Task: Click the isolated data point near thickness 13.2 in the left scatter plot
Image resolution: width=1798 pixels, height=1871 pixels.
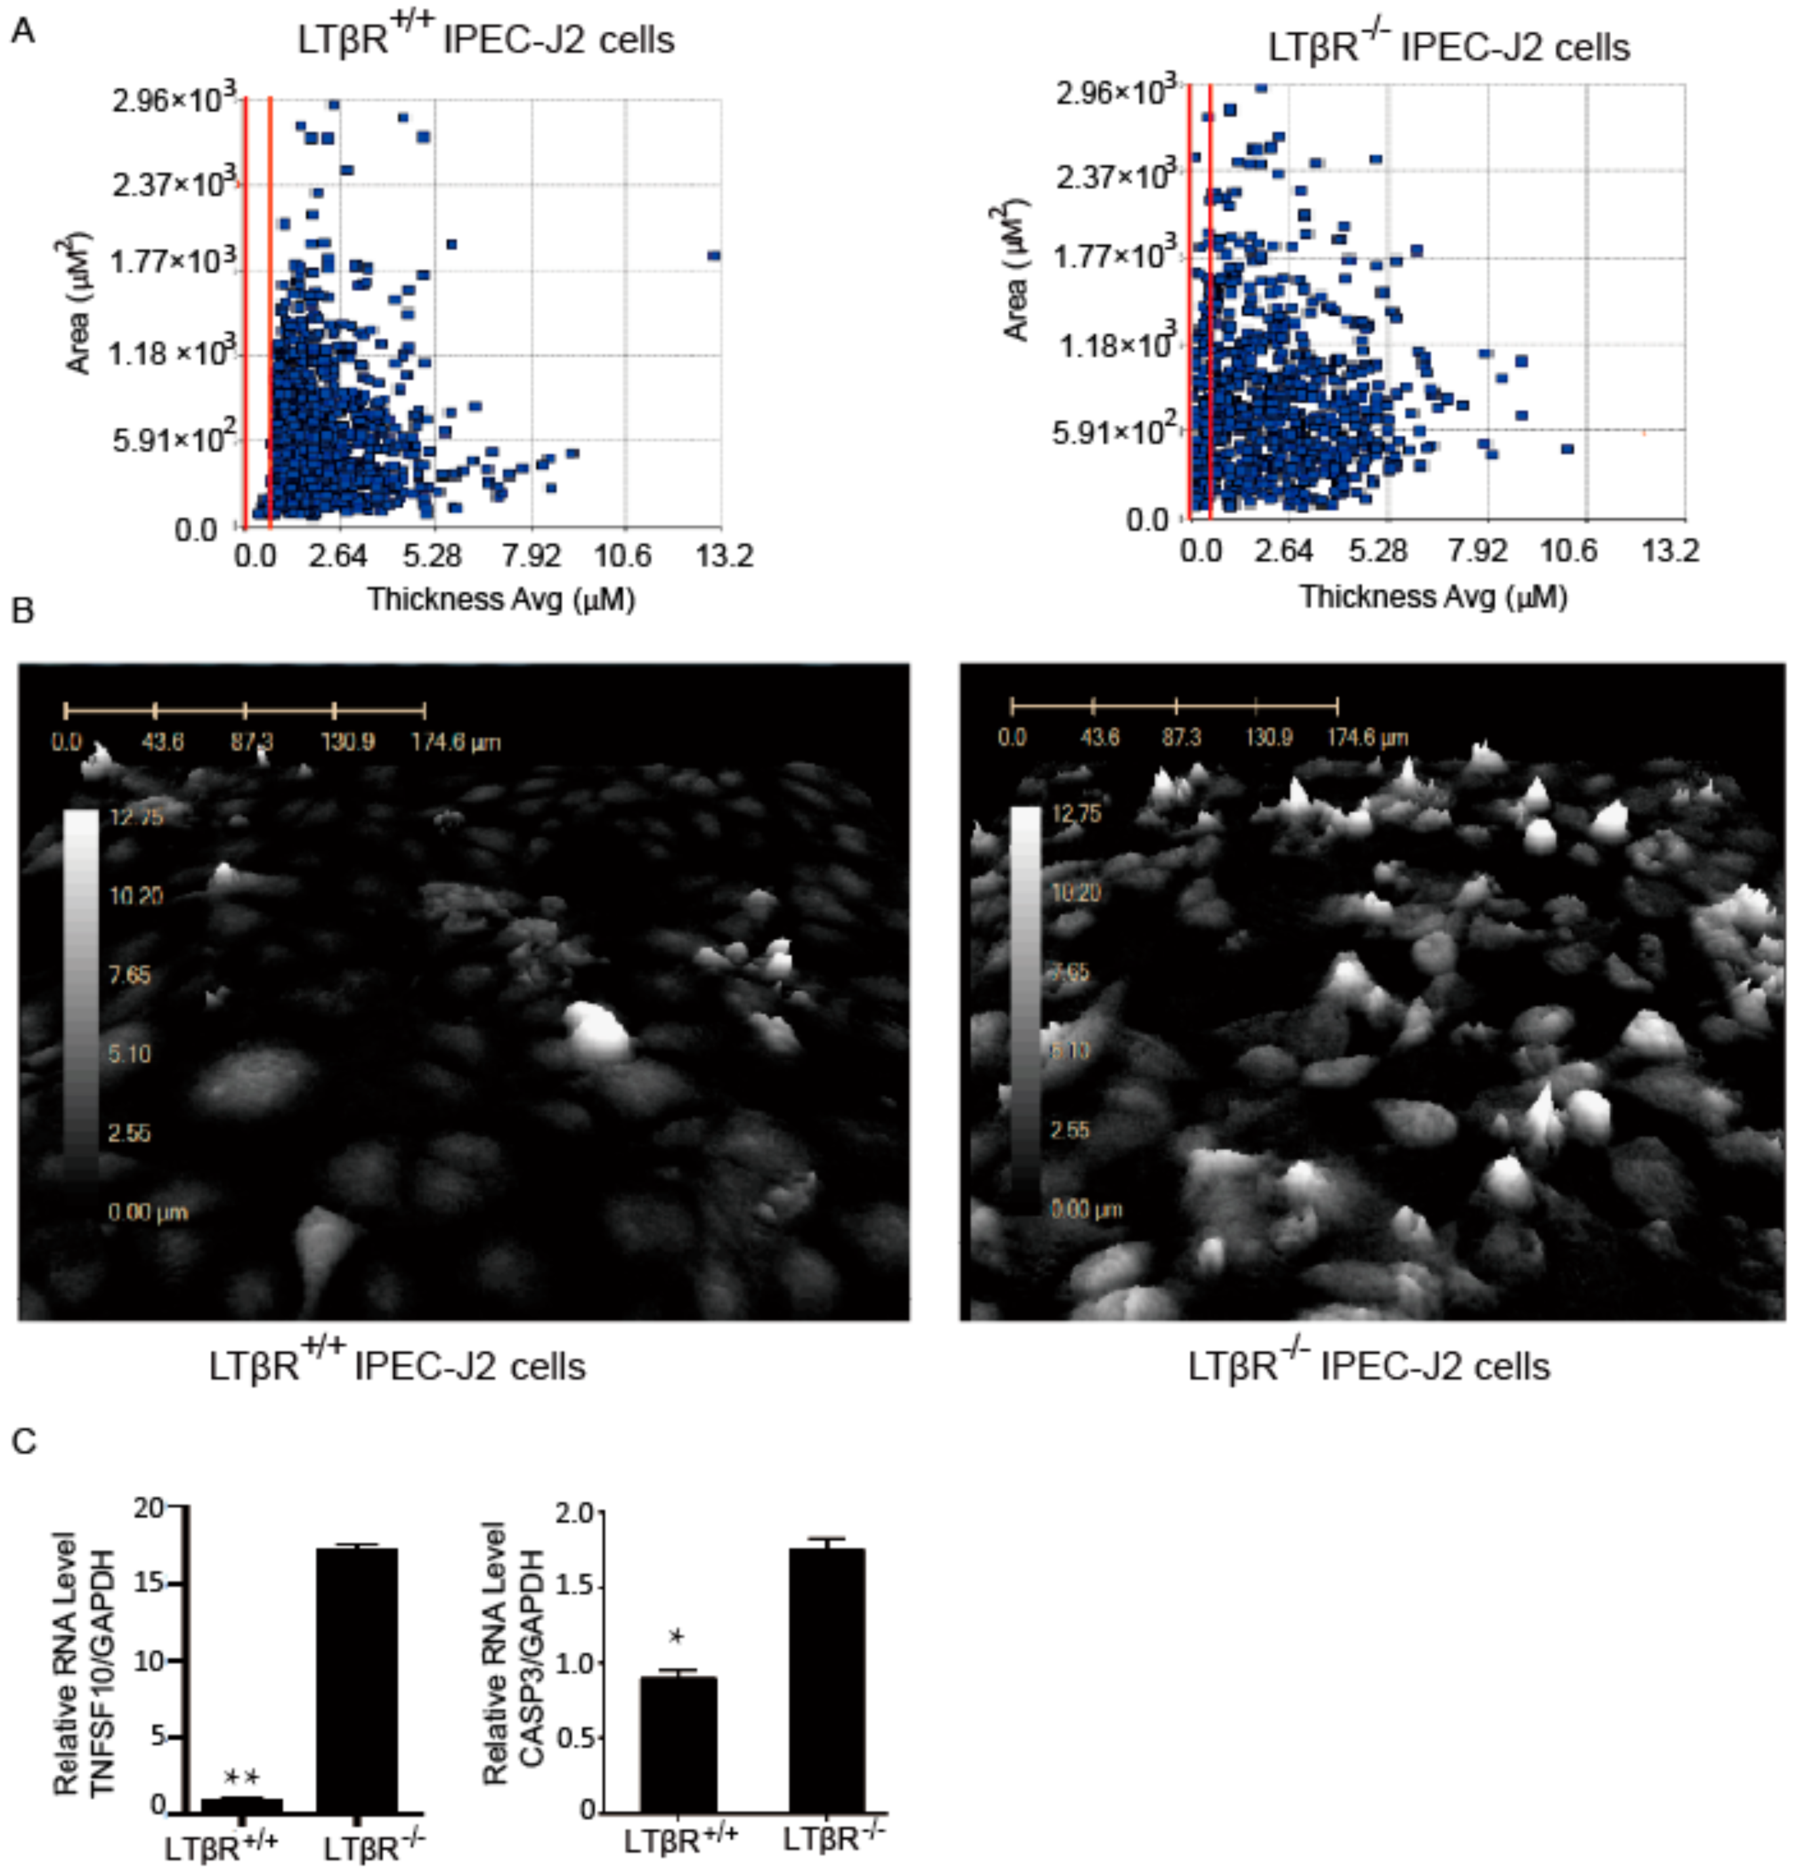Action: point(713,256)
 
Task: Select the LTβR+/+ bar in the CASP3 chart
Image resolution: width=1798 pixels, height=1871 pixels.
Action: point(678,1744)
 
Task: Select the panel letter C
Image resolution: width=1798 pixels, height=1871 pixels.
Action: point(23,1441)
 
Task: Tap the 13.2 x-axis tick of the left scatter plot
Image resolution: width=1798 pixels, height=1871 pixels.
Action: point(723,556)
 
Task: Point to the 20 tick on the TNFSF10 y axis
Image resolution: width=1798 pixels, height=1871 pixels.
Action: point(150,1508)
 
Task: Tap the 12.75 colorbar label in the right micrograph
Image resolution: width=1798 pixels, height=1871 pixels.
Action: point(1076,814)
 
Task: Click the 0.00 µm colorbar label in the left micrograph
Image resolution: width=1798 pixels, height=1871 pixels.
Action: point(147,1212)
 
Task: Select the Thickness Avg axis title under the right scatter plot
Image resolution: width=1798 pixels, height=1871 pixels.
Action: point(1433,597)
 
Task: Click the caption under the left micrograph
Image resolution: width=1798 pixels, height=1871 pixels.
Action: point(397,1366)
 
